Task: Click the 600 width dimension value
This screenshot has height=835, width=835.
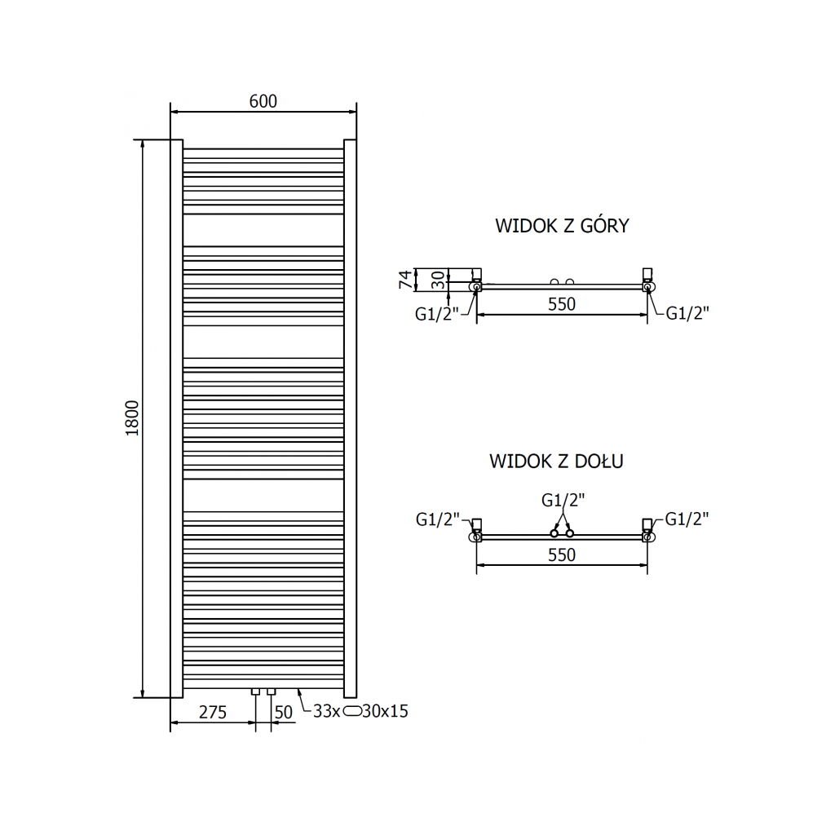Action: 263,101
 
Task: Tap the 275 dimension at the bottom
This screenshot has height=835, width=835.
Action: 212,711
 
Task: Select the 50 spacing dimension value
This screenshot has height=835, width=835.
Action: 283,711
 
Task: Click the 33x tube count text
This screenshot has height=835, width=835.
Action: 326,711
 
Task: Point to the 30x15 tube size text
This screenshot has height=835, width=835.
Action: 385,711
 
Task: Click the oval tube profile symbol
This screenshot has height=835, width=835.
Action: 351,711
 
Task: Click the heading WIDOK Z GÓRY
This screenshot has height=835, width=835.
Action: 562,226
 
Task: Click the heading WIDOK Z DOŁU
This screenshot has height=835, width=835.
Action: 556,462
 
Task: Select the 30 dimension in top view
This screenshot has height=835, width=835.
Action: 438,280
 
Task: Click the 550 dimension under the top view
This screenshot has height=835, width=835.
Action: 561,304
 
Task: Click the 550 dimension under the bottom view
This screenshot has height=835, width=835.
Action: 561,554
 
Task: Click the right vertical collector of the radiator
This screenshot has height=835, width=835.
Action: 351,418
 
